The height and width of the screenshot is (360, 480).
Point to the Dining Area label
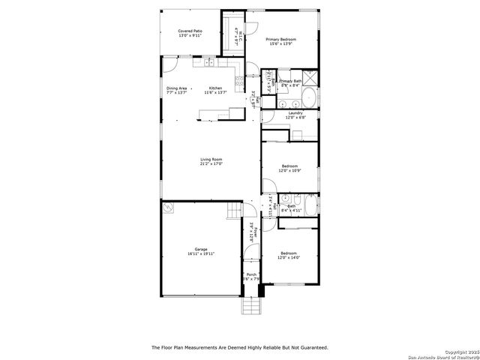pyautogui.click(x=177, y=88)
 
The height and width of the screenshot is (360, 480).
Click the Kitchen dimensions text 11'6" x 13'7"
pyautogui.click(x=216, y=93)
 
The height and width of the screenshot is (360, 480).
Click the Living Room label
pyautogui.click(x=211, y=159)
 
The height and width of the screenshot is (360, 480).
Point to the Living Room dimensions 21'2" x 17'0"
pyautogui.click(x=211, y=163)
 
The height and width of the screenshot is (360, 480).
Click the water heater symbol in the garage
pyautogui.click(x=169, y=209)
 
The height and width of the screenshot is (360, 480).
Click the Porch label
pyautogui.click(x=251, y=274)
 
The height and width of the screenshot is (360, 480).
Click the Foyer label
pyautogui.click(x=255, y=231)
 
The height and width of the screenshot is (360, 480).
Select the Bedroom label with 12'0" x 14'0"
pyautogui.click(x=289, y=255)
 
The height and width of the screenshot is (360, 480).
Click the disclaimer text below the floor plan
pyautogui.click(x=240, y=347)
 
